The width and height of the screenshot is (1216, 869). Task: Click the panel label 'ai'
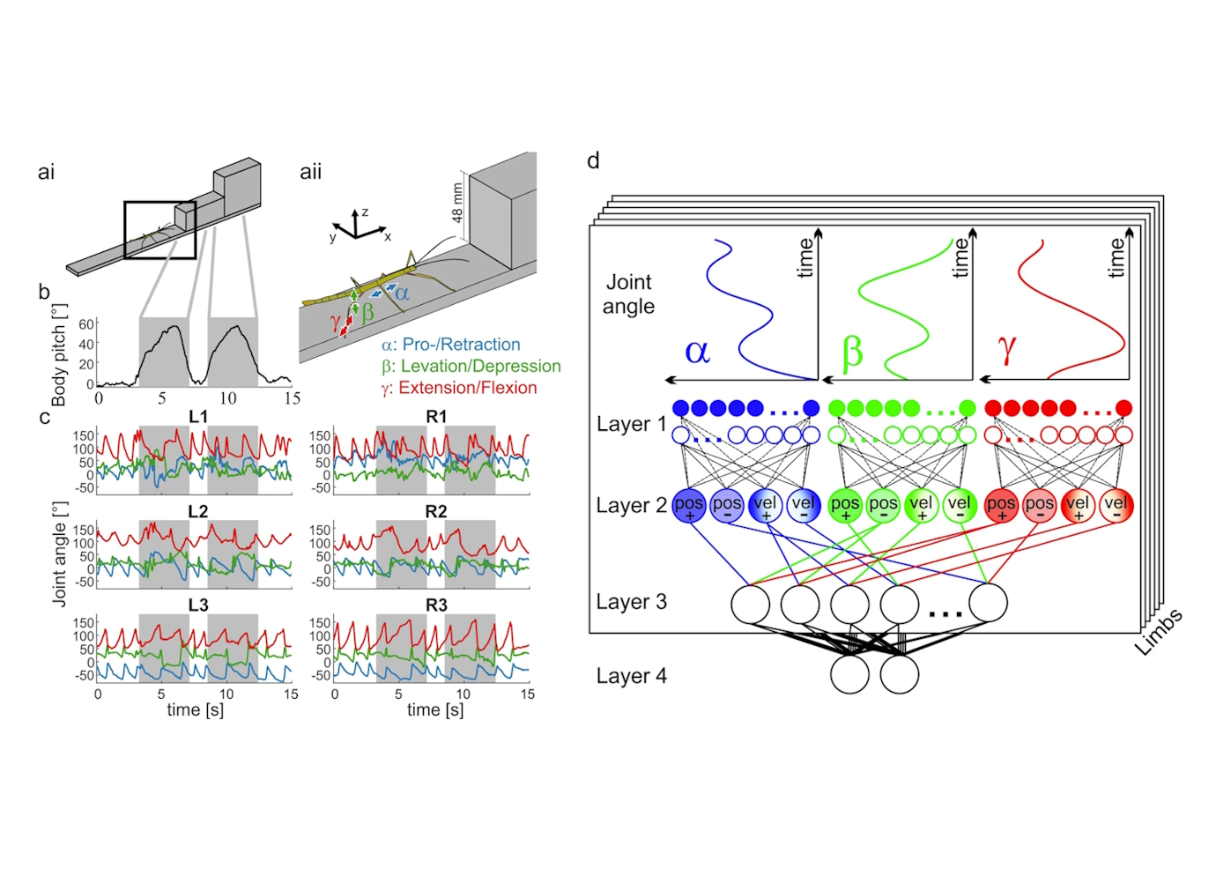[x=46, y=172]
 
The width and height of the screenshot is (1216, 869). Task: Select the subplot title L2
[x=198, y=511]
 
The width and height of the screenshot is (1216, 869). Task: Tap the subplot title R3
[x=436, y=605]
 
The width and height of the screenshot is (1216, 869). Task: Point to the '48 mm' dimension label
[x=457, y=202]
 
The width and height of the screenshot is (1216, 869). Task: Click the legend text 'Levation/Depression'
[x=480, y=366]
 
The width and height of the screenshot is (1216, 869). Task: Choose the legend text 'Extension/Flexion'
[x=467, y=388]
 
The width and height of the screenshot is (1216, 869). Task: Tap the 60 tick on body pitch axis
[x=86, y=324]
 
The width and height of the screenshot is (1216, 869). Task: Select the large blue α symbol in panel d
[x=697, y=352]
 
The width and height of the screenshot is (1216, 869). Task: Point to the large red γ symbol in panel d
[x=1006, y=349]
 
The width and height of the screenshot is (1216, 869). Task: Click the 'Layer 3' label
[x=631, y=602]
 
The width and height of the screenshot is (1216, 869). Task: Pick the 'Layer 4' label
[x=631, y=676]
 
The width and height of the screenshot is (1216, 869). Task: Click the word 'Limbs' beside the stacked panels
[x=1158, y=632]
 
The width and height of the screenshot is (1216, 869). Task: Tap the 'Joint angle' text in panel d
[x=628, y=294]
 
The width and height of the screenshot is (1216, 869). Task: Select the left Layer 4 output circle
[x=849, y=674]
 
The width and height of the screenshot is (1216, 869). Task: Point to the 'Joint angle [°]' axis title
[x=59, y=553]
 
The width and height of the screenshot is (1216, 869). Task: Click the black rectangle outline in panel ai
[x=125, y=230]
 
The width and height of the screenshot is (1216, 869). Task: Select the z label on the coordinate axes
[x=365, y=212]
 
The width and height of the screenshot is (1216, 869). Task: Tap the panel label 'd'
[x=593, y=160]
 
